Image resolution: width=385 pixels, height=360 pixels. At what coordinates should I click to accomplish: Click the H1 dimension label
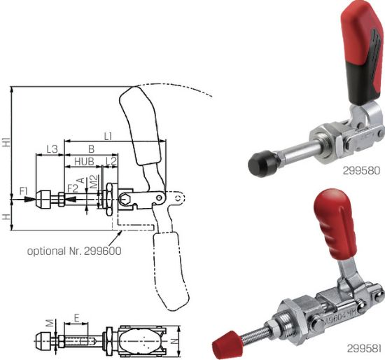(x=6, y=142)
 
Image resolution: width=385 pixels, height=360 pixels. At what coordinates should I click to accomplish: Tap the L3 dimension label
(x=51, y=148)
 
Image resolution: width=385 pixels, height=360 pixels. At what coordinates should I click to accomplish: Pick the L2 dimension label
(x=110, y=162)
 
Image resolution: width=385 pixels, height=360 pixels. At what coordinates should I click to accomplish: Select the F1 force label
(x=24, y=190)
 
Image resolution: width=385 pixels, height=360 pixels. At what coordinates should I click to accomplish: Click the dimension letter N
(x=185, y=341)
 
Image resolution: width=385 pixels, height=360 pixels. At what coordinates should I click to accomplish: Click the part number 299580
(x=361, y=169)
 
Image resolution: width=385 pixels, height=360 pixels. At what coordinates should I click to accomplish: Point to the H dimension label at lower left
(x=6, y=218)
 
